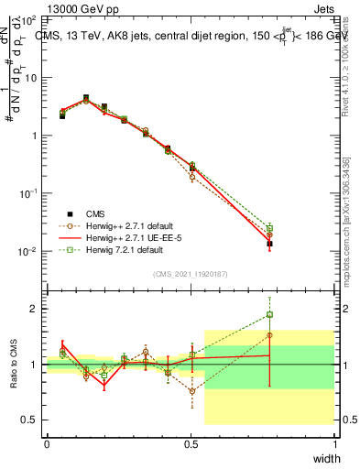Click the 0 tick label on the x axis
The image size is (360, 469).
coord(47,444)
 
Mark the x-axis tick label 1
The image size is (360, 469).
coord(334,444)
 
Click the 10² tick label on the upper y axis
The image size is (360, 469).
coord(29,19)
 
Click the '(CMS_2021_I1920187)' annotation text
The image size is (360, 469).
coord(191,272)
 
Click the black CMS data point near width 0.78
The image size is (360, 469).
coord(269,244)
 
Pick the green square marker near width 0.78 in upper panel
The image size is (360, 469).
coord(269,228)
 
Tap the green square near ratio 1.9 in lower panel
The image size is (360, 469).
coord(269,315)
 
